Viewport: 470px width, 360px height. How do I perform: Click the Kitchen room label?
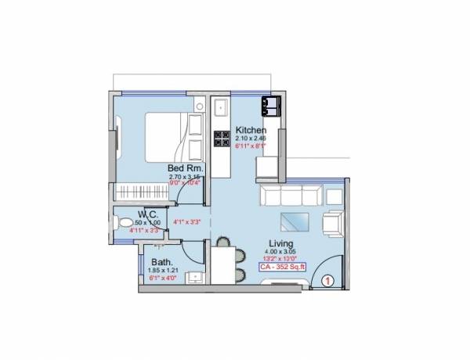coord(251,130)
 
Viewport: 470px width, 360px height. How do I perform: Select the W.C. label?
coord(150,214)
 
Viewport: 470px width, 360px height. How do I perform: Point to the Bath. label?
coord(162,262)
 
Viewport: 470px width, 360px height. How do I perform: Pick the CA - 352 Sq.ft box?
coord(284,267)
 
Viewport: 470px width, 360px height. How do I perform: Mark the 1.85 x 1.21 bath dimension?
coord(162,271)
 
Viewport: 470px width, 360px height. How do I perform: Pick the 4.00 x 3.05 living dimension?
coord(283,251)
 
